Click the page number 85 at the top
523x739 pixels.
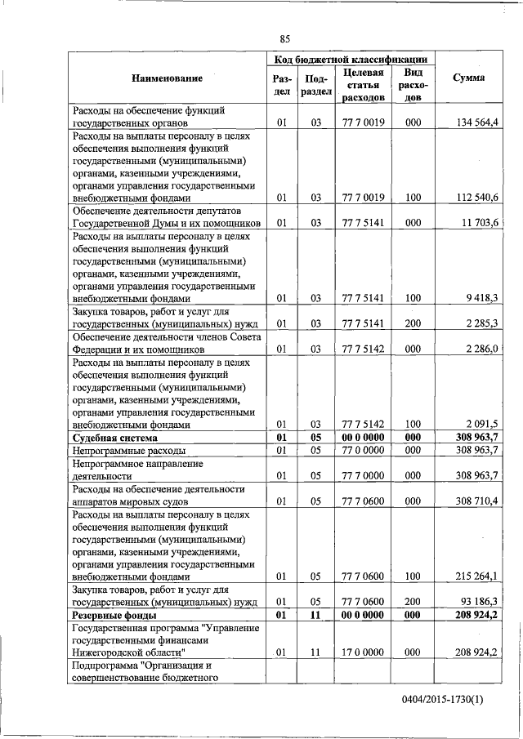point(284,38)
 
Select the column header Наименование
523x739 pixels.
point(167,78)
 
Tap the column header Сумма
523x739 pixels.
point(468,78)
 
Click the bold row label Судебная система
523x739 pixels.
point(110,438)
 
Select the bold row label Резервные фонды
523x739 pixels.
point(112,614)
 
